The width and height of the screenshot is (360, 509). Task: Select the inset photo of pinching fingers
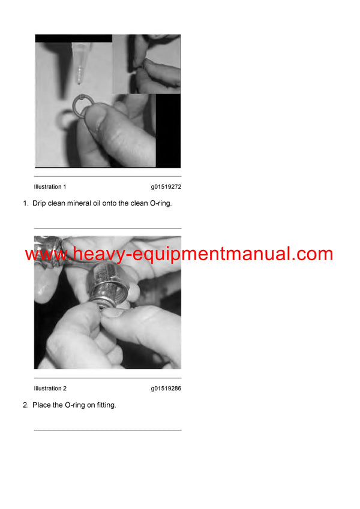(x=146, y=64)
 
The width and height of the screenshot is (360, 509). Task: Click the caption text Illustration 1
(x=50, y=186)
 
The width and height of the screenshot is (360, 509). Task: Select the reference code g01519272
(x=166, y=186)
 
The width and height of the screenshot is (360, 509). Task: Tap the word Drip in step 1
(x=40, y=203)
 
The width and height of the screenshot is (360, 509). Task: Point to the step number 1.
(x=25, y=203)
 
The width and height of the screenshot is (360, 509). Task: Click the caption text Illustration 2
(x=50, y=388)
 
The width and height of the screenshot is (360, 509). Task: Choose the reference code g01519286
(x=166, y=388)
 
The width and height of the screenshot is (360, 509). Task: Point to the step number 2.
(x=25, y=405)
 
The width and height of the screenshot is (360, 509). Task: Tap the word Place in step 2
(x=42, y=405)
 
